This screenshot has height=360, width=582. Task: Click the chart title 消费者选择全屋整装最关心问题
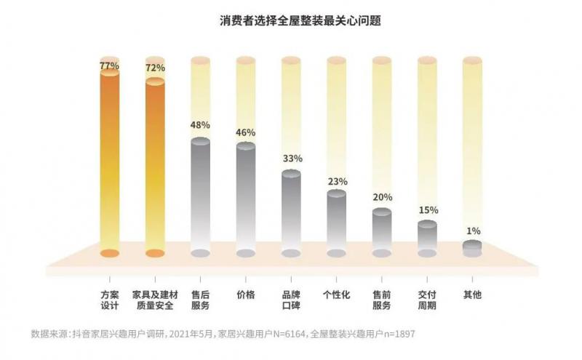pyautogui.click(x=290, y=20)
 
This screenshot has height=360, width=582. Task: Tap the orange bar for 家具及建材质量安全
pyautogui.click(x=155, y=167)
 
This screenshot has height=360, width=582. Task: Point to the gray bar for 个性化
pyautogui.click(x=336, y=222)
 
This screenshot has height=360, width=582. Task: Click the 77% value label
pyautogui.click(x=109, y=65)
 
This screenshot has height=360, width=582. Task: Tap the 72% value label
pyautogui.click(x=155, y=68)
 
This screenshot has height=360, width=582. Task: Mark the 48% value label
pyautogui.click(x=200, y=125)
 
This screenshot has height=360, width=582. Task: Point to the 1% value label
pyautogui.click(x=473, y=231)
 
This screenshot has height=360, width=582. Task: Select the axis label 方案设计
pyautogui.click(x=109, y=300)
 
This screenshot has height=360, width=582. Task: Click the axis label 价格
pyautogui.click(x=246, y=295)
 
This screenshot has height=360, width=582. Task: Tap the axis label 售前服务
pyautogui.click(x=382, y=300)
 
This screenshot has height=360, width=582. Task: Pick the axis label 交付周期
pyautogui.click(x=427, y=300)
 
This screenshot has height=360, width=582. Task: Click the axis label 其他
pyautogui.click(x=472, y=295)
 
